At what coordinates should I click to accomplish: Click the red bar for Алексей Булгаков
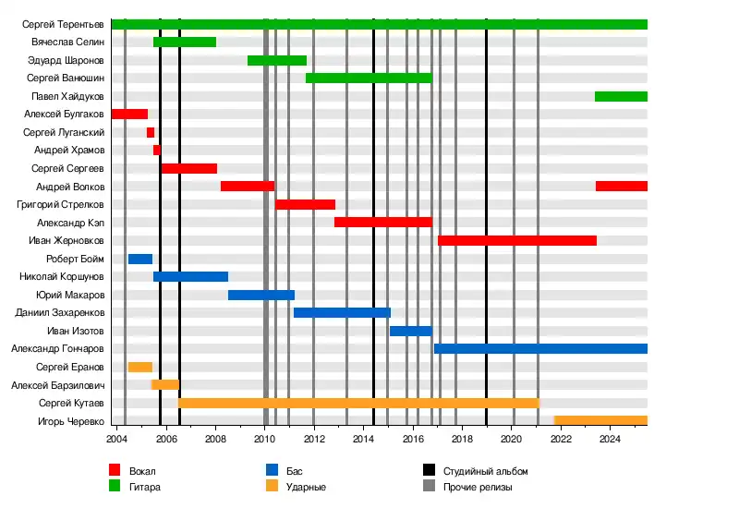129,115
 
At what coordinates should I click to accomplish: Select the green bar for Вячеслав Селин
185,42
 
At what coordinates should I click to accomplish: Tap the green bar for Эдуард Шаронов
277,60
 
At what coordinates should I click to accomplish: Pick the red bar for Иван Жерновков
517,240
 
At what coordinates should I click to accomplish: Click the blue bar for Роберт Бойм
140,259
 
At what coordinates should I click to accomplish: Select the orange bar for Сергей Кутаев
358,403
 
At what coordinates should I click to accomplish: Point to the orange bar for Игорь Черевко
600,420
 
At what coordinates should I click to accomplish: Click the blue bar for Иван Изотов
411,331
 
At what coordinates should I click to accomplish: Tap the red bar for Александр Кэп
383,223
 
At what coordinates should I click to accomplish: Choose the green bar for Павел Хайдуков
621,96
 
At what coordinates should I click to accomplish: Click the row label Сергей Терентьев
64,24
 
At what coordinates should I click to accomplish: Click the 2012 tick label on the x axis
314,439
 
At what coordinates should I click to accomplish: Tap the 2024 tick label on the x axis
610,439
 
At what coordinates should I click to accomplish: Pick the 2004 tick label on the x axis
116,439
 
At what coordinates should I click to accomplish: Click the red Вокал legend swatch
115,470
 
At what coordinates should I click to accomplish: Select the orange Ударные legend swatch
273,486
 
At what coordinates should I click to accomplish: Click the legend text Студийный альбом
485,471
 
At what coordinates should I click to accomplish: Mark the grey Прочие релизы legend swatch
430,486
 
